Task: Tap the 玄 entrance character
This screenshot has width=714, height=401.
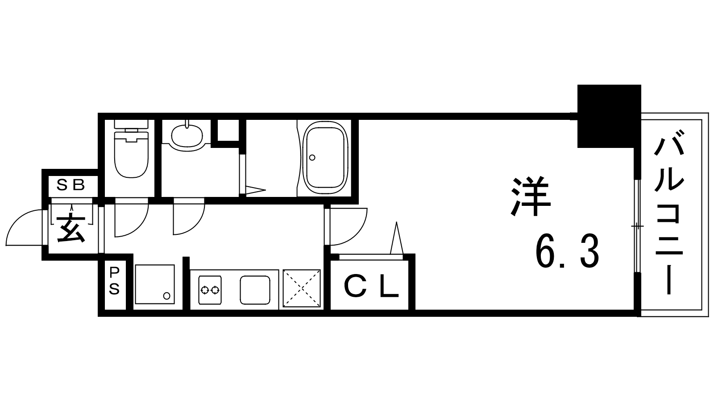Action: click(71, 229)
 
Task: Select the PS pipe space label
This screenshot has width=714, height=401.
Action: click(114, 281)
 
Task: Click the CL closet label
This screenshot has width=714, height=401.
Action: click(371, 287)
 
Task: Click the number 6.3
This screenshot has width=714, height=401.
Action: click(567, 251)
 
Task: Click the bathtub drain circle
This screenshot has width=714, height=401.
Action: click(312, 157)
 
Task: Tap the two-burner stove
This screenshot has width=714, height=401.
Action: click(210, 290)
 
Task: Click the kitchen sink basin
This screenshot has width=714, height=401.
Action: click(255, 290)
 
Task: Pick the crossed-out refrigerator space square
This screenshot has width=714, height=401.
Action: click(302, 289)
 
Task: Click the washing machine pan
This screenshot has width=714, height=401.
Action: click(155, 284)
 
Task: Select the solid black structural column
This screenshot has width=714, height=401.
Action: click(609, 116)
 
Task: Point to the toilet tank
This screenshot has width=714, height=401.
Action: click(131, 124)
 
